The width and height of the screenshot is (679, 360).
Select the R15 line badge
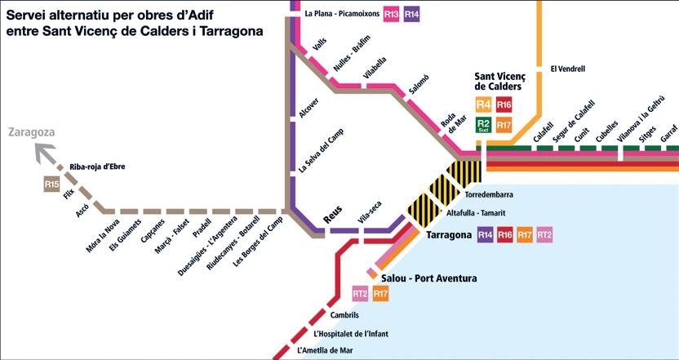53,185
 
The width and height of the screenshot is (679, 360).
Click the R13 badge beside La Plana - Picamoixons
392,14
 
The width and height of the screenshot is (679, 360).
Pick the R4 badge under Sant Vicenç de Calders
484,104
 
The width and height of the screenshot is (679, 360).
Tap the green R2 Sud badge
484,124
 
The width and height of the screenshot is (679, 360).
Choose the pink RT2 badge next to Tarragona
545,235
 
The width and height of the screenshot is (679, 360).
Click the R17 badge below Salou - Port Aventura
380,293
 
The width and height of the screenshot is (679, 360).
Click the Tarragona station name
449,235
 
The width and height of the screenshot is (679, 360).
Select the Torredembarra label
489,196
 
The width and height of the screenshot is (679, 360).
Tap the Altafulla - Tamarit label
475,213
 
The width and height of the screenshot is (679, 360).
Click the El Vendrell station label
568,69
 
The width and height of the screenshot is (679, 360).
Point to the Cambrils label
345,314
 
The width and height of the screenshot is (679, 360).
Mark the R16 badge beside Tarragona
505,235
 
